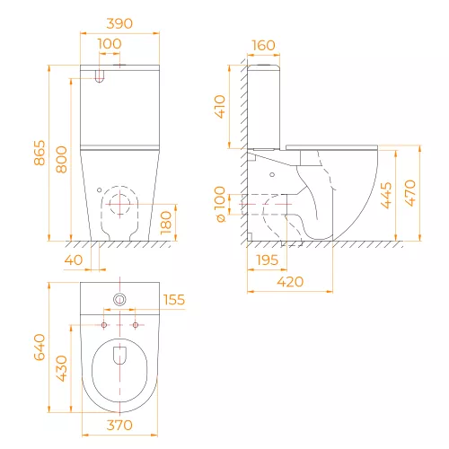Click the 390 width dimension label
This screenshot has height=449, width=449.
coord(119,23)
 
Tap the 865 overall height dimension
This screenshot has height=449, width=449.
coord(40,153)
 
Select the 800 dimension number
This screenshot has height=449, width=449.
coord(62,160)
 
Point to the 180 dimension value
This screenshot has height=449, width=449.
coord(165,223)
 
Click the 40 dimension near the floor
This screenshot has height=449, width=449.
coord(74,260)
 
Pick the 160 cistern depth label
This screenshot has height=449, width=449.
coord(263,46)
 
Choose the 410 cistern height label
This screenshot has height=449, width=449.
coord(220,107)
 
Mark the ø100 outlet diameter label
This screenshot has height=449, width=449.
coord(220,204)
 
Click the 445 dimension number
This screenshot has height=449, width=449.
coord(386,195)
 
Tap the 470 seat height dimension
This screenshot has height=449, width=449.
coord(410,193)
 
